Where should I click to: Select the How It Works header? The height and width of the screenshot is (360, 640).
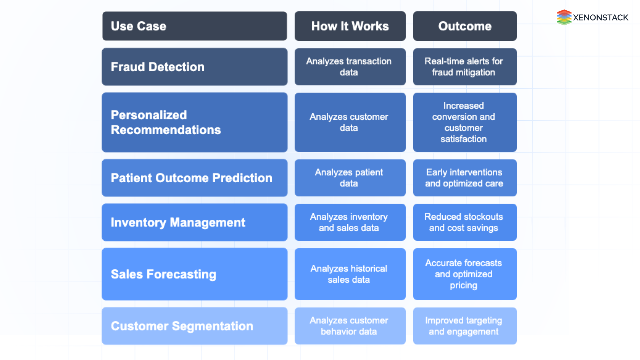pos(350,26)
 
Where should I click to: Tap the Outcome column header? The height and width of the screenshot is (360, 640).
pos(465,26)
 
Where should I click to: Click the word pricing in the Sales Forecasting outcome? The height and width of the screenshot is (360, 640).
pos(463,285)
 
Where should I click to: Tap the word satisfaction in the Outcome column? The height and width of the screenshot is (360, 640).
pos(463,139)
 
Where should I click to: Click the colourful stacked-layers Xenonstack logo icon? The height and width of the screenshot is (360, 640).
pos(564,17)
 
